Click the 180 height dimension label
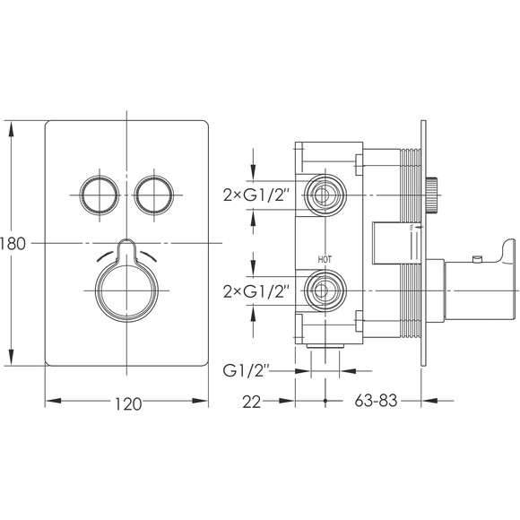[13, 244]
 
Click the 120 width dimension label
[128, 404]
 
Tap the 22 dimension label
[252, 403]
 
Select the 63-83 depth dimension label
[376, 401]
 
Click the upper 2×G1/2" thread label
[255, 195]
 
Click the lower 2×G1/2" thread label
[255, 291]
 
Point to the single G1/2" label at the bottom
[246, 370]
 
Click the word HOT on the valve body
[325, 260]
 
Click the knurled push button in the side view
[432, 195]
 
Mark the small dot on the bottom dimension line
[325, 401]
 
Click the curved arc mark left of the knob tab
[106, 256]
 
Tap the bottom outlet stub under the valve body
[325, 346]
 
